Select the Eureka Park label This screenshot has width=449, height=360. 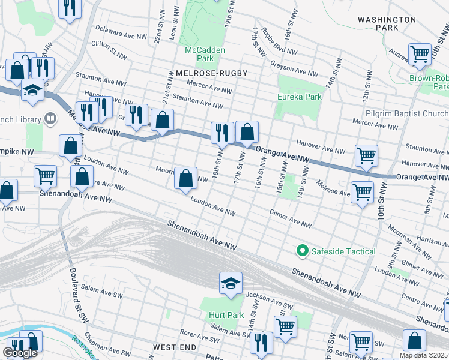pyautogui.click(x=299, y=97)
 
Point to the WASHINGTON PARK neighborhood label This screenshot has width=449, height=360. pyautogui.click(x=387, y=23)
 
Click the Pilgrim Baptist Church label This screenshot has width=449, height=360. pyautogui.click(x=406, y=113)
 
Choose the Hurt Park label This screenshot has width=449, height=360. pyautogui.click(x=226, y=315)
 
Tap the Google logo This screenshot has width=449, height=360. pyautogui.click(x=20, y=353)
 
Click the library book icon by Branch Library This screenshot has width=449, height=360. pyautogui.click(x=50, y=118)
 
